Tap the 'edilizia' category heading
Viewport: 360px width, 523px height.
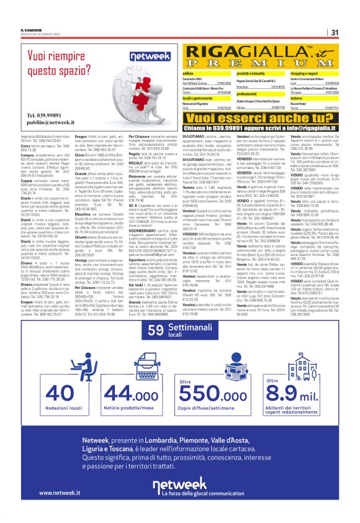[x=189, y=73]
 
